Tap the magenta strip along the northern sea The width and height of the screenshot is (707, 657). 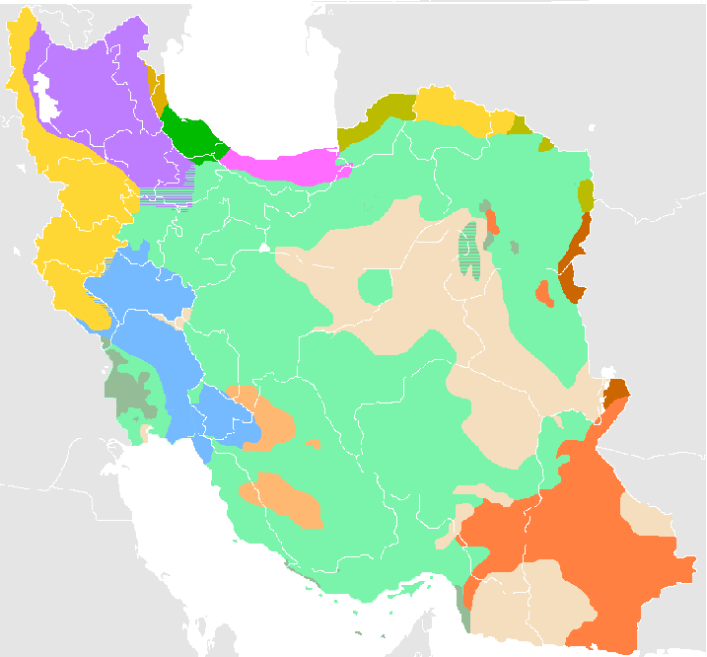pos(286,163)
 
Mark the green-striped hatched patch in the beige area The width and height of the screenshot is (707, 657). pos(470,253)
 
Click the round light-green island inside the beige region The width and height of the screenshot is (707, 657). pos(375,288)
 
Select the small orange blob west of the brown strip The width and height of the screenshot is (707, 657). pos(542,292)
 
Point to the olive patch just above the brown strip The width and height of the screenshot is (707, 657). pos(586,195)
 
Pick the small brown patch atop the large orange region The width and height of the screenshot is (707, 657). pos(616,391)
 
